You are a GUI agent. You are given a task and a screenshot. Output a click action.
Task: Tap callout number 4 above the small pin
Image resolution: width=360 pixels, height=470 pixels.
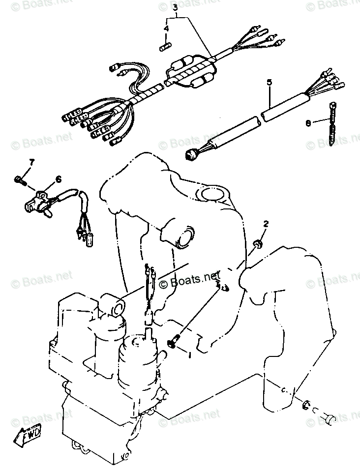click(x=166, y=29)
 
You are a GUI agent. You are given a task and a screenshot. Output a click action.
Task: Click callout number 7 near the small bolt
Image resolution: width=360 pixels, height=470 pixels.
click(x=32, y=162)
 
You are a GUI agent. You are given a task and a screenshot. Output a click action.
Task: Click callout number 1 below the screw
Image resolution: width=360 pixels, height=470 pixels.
click(x=189, y=353)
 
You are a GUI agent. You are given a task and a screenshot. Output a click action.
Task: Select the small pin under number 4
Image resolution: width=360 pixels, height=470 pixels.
click(x=166, y=47)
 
